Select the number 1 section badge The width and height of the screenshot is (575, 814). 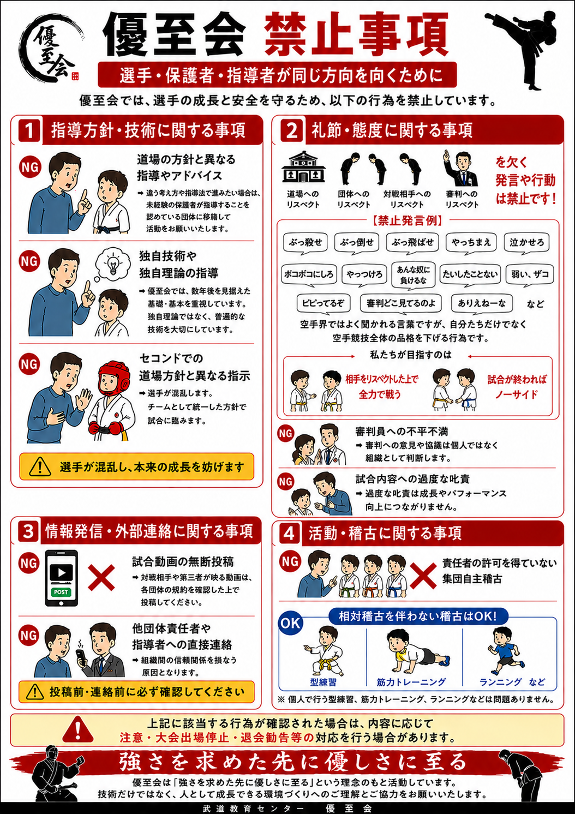pyautogui.click(x=29, y=130)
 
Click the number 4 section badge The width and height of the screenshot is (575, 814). pyautogui.click(x=289, y=534)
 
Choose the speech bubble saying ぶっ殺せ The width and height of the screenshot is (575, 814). pyautogui.click(x=306, y=243)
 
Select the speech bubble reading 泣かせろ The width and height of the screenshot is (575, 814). pyautogui.click(x=526, y=243)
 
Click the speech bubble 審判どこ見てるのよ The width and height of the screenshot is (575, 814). pyautogui.click(x=401, y=303)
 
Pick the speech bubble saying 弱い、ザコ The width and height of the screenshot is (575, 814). pyautogui.click(x=530, y=274)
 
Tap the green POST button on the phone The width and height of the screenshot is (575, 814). pyautogui.click(x=61, y=592)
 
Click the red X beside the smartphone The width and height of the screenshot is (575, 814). pyautogui.click(x=101, y=577)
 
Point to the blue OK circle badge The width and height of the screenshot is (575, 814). pyautogui.click(x=290, y=623)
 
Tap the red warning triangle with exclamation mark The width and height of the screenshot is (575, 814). pyautogui.click(x=77, y=729)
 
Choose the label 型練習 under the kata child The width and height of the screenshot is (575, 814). pyautogui.click(x=323, y=683)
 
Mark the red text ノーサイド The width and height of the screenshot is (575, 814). pyautogui.click(x=517, y=394)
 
